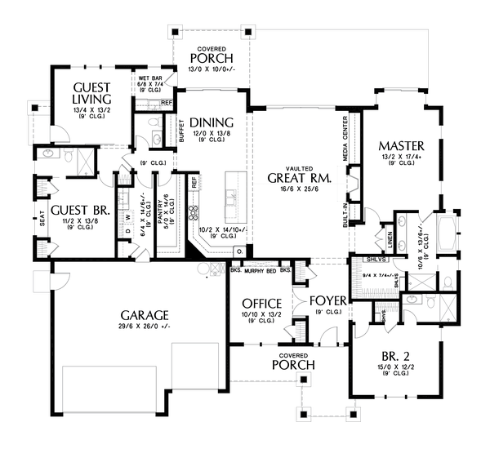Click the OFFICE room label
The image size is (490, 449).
click(261, 303)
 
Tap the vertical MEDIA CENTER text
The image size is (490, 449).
click(344, 136)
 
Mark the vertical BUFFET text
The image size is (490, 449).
click(180, 131)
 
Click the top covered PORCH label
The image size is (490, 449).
click(211, 57)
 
